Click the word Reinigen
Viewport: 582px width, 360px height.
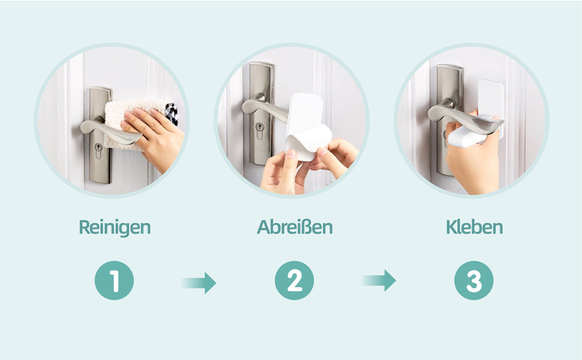(114, 227)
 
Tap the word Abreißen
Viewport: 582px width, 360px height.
(295, 227)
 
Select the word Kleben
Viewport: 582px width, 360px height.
(474, 227)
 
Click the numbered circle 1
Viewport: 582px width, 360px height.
(114, 281)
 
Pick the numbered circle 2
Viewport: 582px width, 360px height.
(294, 281)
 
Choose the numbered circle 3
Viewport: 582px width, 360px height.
(474, 281)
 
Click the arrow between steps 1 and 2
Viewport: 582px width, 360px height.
(200, 281)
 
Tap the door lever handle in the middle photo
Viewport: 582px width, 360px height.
(264, 108)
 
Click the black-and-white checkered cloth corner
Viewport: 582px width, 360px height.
(172, 113)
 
